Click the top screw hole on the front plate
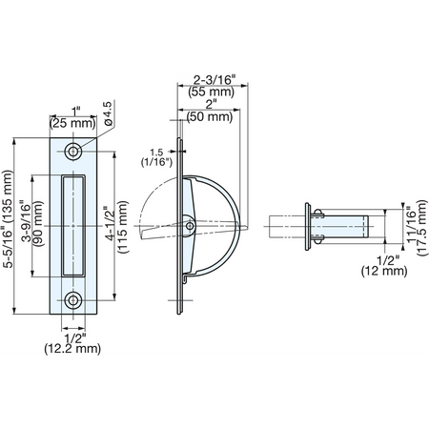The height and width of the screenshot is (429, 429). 73,152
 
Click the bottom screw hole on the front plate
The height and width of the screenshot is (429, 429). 73,300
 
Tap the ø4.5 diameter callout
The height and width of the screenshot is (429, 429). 108,113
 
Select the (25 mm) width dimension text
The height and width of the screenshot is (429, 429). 72,123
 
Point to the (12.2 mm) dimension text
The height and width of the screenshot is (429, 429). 72,349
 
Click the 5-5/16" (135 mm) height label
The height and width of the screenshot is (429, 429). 8,219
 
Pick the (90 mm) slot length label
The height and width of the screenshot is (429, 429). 38,224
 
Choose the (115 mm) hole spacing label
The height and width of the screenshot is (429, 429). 123,227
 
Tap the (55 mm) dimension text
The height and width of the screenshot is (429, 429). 212,92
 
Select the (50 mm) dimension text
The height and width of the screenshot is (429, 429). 210,116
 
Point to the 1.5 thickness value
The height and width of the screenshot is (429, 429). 156,152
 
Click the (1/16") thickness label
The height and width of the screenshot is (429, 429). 156,162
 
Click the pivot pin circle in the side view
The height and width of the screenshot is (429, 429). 190,226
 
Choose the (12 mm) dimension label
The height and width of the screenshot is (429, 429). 384,271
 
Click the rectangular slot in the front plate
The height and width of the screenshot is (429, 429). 73,226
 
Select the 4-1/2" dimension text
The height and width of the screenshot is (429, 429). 112,223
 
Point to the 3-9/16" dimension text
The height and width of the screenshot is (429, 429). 27,221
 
